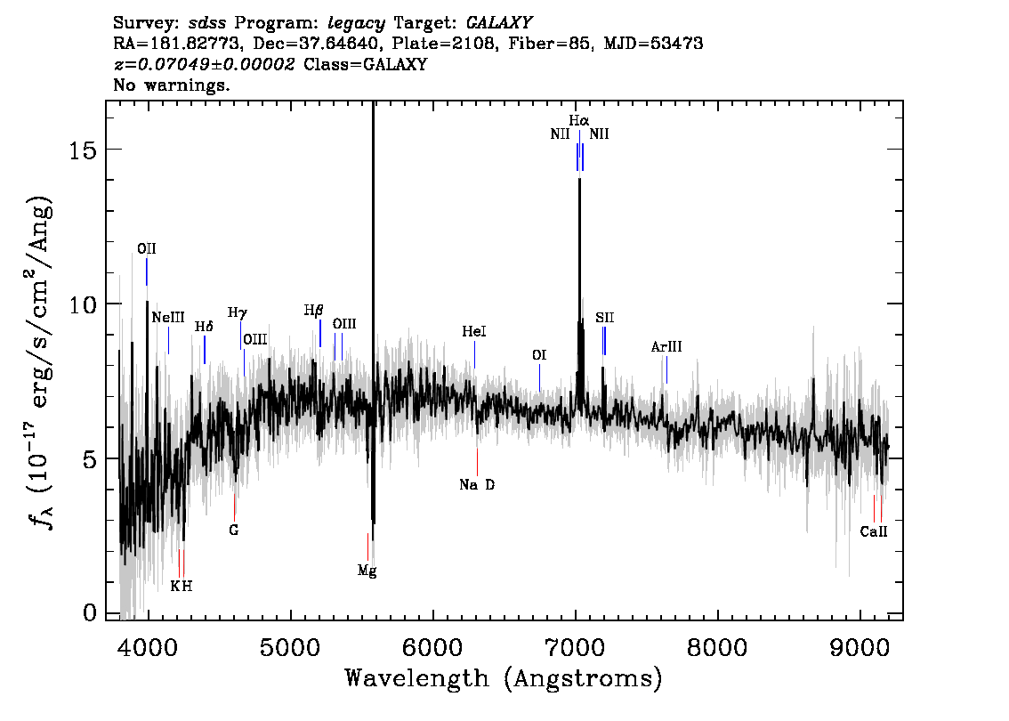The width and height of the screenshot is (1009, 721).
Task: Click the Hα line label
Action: point(578,120)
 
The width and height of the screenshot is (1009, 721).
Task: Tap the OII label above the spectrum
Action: point(147,249)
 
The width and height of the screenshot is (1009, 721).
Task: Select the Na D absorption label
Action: point(477,485)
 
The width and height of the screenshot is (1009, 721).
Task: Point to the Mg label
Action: point(367,571)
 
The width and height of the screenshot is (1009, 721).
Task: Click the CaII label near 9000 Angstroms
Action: point(873,531)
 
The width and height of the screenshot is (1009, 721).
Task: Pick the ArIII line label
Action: point(666,347)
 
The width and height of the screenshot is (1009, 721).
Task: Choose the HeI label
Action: point(474,331)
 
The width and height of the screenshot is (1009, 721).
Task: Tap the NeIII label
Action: point(168,318)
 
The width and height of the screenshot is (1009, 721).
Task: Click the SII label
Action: point(604,318)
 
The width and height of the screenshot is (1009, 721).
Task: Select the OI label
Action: point(539,355)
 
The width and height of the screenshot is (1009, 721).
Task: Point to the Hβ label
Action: point(313,311)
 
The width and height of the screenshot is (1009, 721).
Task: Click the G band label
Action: point(234,531)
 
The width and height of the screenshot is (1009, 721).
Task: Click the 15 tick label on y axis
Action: point(83,150)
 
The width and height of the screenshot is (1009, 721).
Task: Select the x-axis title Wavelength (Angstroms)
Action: point(504,678)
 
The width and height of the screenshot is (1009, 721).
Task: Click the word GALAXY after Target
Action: point(499,23)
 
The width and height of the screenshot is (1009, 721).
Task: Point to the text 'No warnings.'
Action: point(171,85)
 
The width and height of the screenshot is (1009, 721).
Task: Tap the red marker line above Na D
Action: point(478,462)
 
